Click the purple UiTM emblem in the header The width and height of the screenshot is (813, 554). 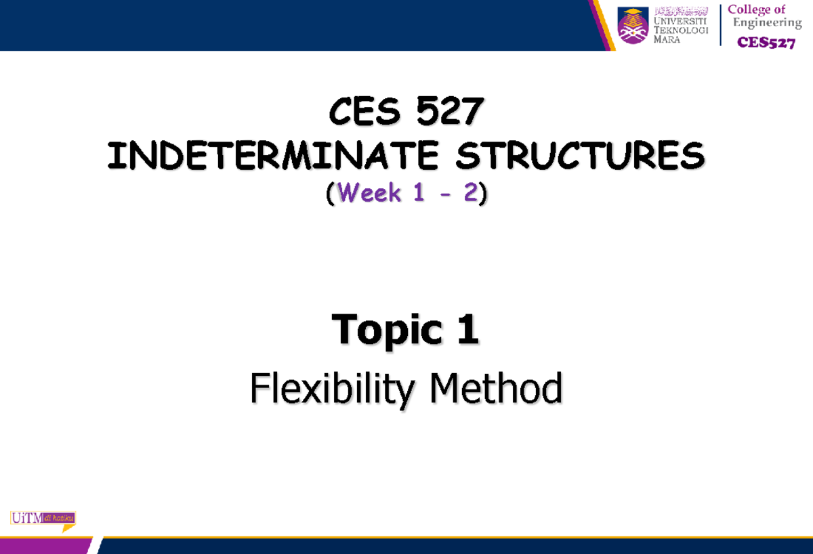click(633, 26)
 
